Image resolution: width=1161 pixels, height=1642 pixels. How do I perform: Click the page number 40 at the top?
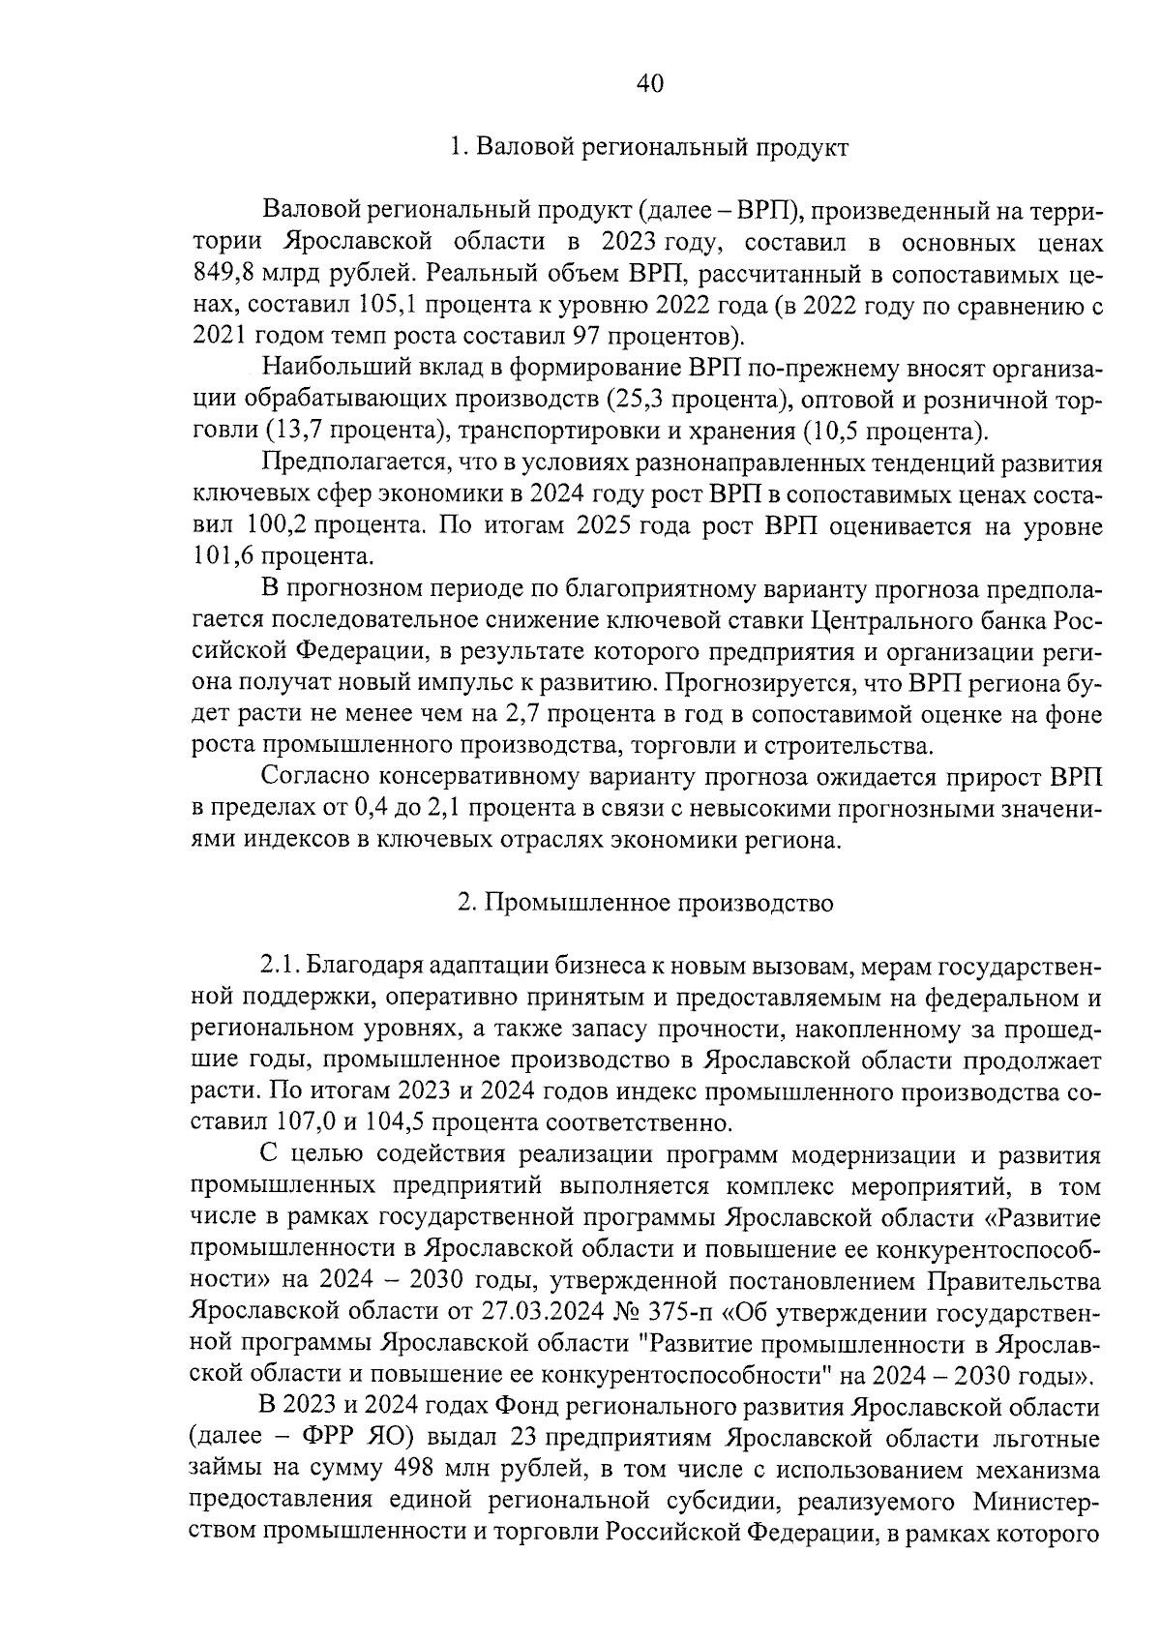pos(649,84)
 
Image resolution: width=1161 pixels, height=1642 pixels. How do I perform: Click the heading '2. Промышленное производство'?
pos(645,904)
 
